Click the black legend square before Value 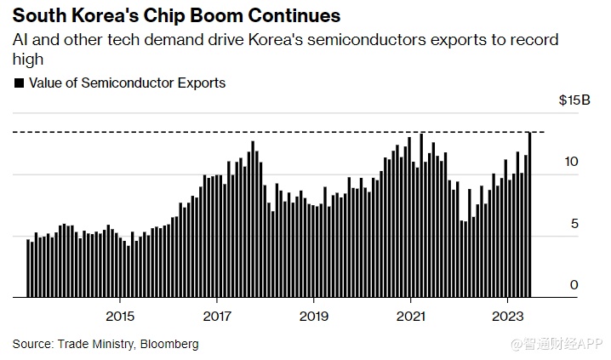click(19, 83)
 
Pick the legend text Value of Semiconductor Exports click(127, 83)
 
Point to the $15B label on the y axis click(574, 100)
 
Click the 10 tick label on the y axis click(572, 162)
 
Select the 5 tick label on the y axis click(574, 223)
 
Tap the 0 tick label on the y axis click(574, 285)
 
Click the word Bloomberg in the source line click(171, 344)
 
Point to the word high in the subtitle click(26, 60)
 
